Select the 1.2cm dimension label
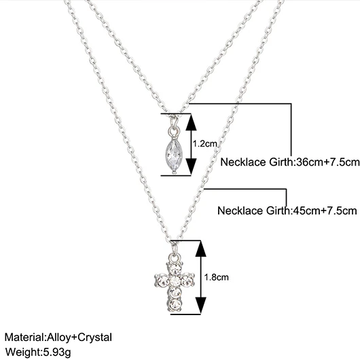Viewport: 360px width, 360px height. tap(205, 144)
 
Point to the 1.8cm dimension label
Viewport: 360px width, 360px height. tap(216, 277)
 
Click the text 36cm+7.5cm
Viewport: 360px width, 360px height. tap(328, 162)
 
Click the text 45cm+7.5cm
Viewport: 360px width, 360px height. tap(324, 211)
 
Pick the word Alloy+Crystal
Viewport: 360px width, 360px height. tap(79, 338)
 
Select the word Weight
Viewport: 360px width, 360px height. tap(21, 352)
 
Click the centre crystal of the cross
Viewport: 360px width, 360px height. tap(175, 281)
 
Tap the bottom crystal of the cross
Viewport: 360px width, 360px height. tap(175, 304)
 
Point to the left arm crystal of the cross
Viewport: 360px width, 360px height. tap(162, 280)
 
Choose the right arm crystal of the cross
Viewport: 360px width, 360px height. tap(187, 280)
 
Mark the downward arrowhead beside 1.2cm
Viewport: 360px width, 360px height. tap(191, 166)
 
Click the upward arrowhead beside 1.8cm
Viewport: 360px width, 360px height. tap(200, 249)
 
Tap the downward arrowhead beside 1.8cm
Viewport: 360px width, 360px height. tap(200, 306)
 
